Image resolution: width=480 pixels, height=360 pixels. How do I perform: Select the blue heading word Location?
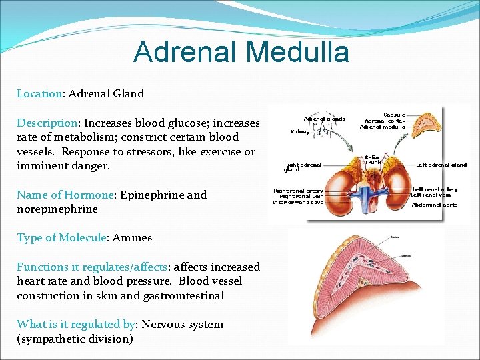[39, 93]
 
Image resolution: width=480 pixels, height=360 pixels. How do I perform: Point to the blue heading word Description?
[47, 123]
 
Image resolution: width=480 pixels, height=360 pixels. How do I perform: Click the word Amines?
[132, 237]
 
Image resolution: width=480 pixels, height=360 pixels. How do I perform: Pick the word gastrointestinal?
[187, 295]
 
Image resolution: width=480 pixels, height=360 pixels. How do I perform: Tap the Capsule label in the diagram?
[394, 114]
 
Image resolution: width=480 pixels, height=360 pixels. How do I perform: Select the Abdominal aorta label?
[435, 205]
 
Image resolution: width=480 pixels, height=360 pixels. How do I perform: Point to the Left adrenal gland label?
[441, 165]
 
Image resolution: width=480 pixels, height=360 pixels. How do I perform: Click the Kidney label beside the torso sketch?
[299, 131]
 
